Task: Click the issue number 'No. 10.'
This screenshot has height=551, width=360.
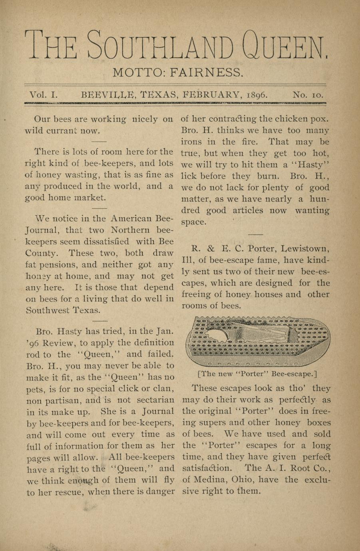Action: [x=308, y=95]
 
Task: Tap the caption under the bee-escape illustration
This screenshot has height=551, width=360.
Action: [x=257, y=374]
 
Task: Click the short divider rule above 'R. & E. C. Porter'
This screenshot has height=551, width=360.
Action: [x=256, y=234]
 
